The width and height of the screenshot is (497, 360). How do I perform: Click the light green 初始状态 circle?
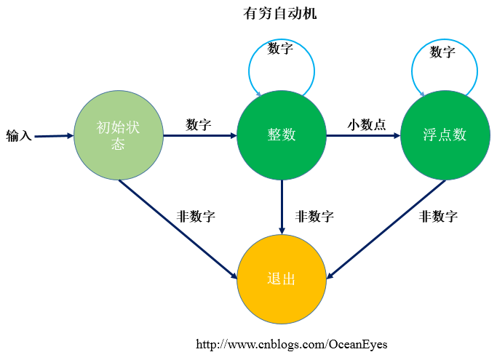[118, 135]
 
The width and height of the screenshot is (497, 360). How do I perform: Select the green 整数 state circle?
[282, 135]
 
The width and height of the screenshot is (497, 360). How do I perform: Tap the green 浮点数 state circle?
[445, 135]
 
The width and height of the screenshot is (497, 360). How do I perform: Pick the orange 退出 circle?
[282, 279]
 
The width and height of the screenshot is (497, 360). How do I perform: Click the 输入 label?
[19, 135]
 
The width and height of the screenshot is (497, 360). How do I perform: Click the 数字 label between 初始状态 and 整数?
[199, 124]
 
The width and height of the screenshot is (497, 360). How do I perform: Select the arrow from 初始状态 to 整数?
[199, 135]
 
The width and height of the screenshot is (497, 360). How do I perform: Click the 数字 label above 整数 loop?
[280, 49]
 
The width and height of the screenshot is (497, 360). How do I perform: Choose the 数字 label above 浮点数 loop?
[442, 52]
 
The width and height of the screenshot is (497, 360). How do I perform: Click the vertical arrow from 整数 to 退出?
[282, 207]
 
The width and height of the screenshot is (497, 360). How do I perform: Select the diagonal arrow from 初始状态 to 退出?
[178, 229]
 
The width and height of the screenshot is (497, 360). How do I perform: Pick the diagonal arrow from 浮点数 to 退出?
[386, 228]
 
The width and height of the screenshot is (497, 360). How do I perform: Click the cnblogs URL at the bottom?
[292, 344]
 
